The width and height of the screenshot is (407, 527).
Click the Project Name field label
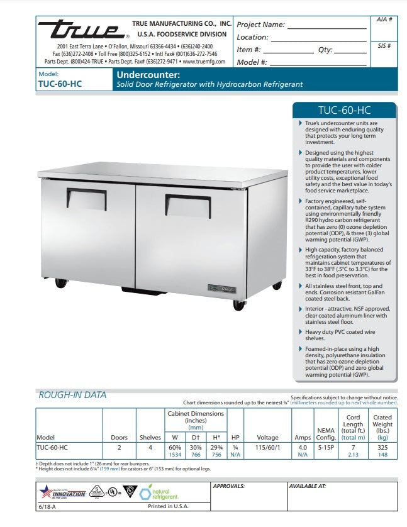click(x=260, y=25)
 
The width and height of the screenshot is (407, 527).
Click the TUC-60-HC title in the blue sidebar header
click(x=345, y=110)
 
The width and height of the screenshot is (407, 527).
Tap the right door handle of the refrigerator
click(x=188, y=205)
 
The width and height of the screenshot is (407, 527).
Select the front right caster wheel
click(x=239, y=304)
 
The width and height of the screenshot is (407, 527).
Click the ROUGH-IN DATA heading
click(x=73, y=395)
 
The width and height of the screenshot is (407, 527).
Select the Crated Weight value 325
click(x=382, y=447)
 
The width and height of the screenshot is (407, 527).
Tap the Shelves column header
click(x=150, y=438)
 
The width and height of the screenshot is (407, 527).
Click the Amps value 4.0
click(x=302, y=447)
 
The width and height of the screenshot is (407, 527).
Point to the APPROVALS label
click(x=229, y=486)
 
